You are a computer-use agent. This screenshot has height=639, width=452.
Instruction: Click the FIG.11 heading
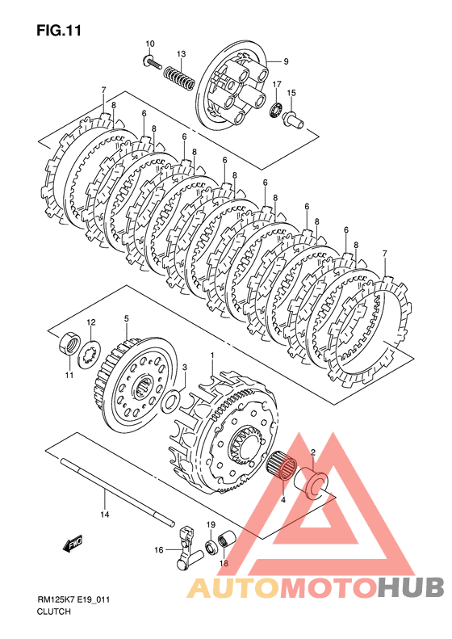click(59, 31)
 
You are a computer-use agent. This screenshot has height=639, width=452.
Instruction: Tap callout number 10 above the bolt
click(150, 44)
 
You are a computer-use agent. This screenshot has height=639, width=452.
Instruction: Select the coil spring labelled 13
click(179, 77)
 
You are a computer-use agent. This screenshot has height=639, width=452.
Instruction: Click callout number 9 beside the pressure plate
click(286, 61)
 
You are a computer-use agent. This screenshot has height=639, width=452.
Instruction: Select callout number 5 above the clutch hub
click(126, 318)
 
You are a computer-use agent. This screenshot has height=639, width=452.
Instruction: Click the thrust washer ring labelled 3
click(171, 400)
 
